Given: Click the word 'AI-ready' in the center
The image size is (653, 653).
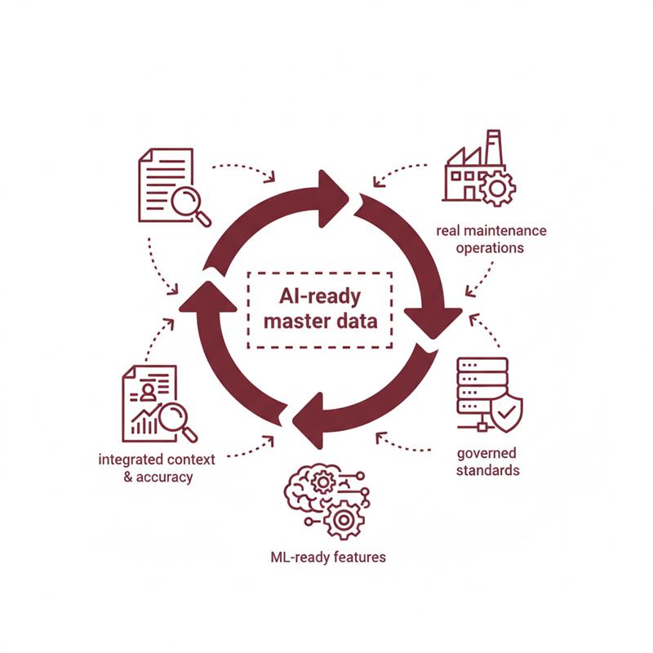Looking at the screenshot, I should pos(321,295).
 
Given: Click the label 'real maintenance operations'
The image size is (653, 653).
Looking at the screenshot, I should pos(491,239).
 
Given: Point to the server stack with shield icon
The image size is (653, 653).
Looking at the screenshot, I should pos(487,396).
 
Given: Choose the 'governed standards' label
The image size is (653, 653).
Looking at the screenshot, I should pos(487,462).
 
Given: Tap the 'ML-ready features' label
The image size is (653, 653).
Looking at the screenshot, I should pos(327,558).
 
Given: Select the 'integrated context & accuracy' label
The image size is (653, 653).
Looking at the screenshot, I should pos(157,468).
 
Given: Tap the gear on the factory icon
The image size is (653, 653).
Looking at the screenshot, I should pos(496,189).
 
